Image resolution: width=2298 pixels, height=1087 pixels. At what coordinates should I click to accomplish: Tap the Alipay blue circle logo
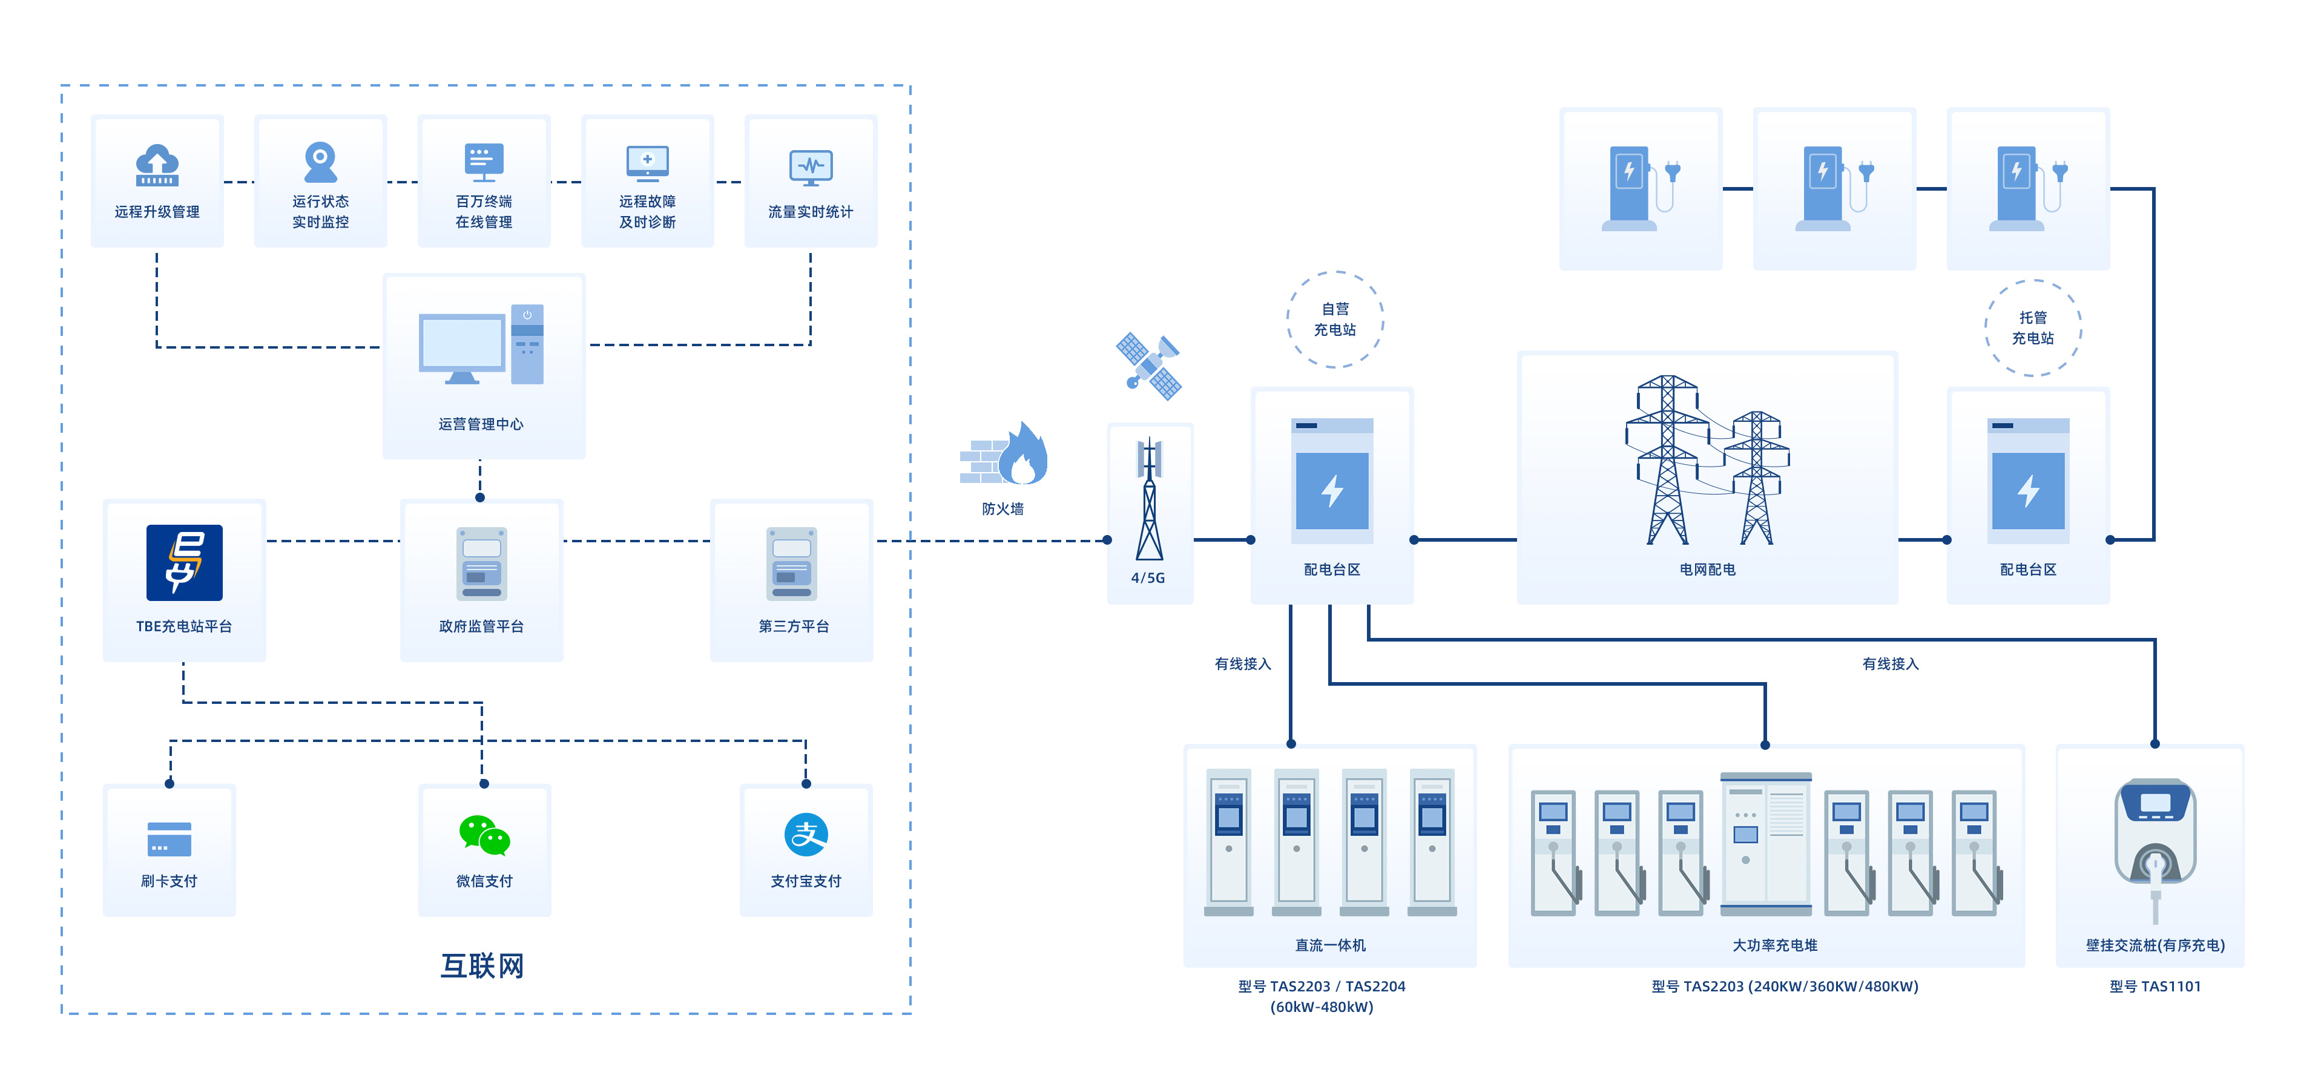(x=806, y=835)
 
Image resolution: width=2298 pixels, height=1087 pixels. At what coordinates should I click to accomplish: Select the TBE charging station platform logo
(x=185, y=563)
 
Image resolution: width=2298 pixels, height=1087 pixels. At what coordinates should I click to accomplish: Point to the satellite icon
(x=1149, y=366)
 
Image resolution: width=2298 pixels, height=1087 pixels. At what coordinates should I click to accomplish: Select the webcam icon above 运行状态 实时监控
(x=320, y=162)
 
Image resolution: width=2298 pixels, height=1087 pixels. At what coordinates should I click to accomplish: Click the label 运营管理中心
(x=481, y=424)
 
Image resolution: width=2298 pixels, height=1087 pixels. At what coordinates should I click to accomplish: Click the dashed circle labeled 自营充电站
(x=1335, y=319)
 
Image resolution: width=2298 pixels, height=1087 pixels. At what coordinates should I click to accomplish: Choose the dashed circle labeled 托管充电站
(x=2032, y=328)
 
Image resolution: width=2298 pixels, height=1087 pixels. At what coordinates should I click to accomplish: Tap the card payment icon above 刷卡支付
(x=169, y=839)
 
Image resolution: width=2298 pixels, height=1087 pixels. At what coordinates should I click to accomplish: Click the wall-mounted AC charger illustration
(x=2155, y=842)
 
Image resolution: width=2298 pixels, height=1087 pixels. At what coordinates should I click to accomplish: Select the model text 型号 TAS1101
(x=2155, y=987)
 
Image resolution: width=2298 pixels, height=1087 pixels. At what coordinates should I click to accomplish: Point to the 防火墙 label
(x=1002, y=509)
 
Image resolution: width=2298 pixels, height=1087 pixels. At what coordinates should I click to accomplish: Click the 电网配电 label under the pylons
(x=1707, y=570)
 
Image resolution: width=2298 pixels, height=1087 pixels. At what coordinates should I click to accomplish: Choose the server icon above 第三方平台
(x=792, y=563)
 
